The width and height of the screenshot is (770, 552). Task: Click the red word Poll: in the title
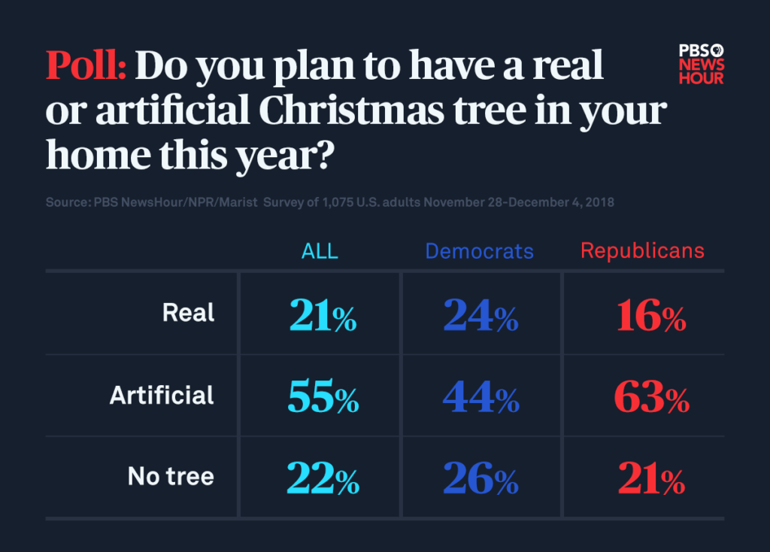[85, 66]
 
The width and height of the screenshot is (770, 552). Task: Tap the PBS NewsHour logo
[701, 63]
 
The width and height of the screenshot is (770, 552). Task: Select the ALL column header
[320, 251]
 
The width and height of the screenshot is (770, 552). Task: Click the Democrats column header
[479, 251]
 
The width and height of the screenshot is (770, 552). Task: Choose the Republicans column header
[642, 251]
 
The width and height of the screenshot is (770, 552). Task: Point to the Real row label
[188, 313]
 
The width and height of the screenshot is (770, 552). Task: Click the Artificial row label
[162, 396]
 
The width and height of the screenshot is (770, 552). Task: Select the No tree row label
[171, 477]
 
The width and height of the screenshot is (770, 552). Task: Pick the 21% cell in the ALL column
[323, 316]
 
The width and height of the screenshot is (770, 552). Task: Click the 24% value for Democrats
[480, 316]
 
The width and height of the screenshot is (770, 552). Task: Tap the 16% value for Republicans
[650, 316]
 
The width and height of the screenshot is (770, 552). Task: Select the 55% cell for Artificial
[323, 398]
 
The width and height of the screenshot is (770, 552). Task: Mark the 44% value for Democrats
[480, 398]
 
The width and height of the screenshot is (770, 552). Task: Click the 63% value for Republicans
[651, 398]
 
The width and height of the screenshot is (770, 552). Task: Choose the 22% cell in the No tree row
[323, 479]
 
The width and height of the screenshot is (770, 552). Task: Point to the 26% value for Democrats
[480, 479]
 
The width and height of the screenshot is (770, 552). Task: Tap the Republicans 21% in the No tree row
[651, 479]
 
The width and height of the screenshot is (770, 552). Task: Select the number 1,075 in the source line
[344, 203]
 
